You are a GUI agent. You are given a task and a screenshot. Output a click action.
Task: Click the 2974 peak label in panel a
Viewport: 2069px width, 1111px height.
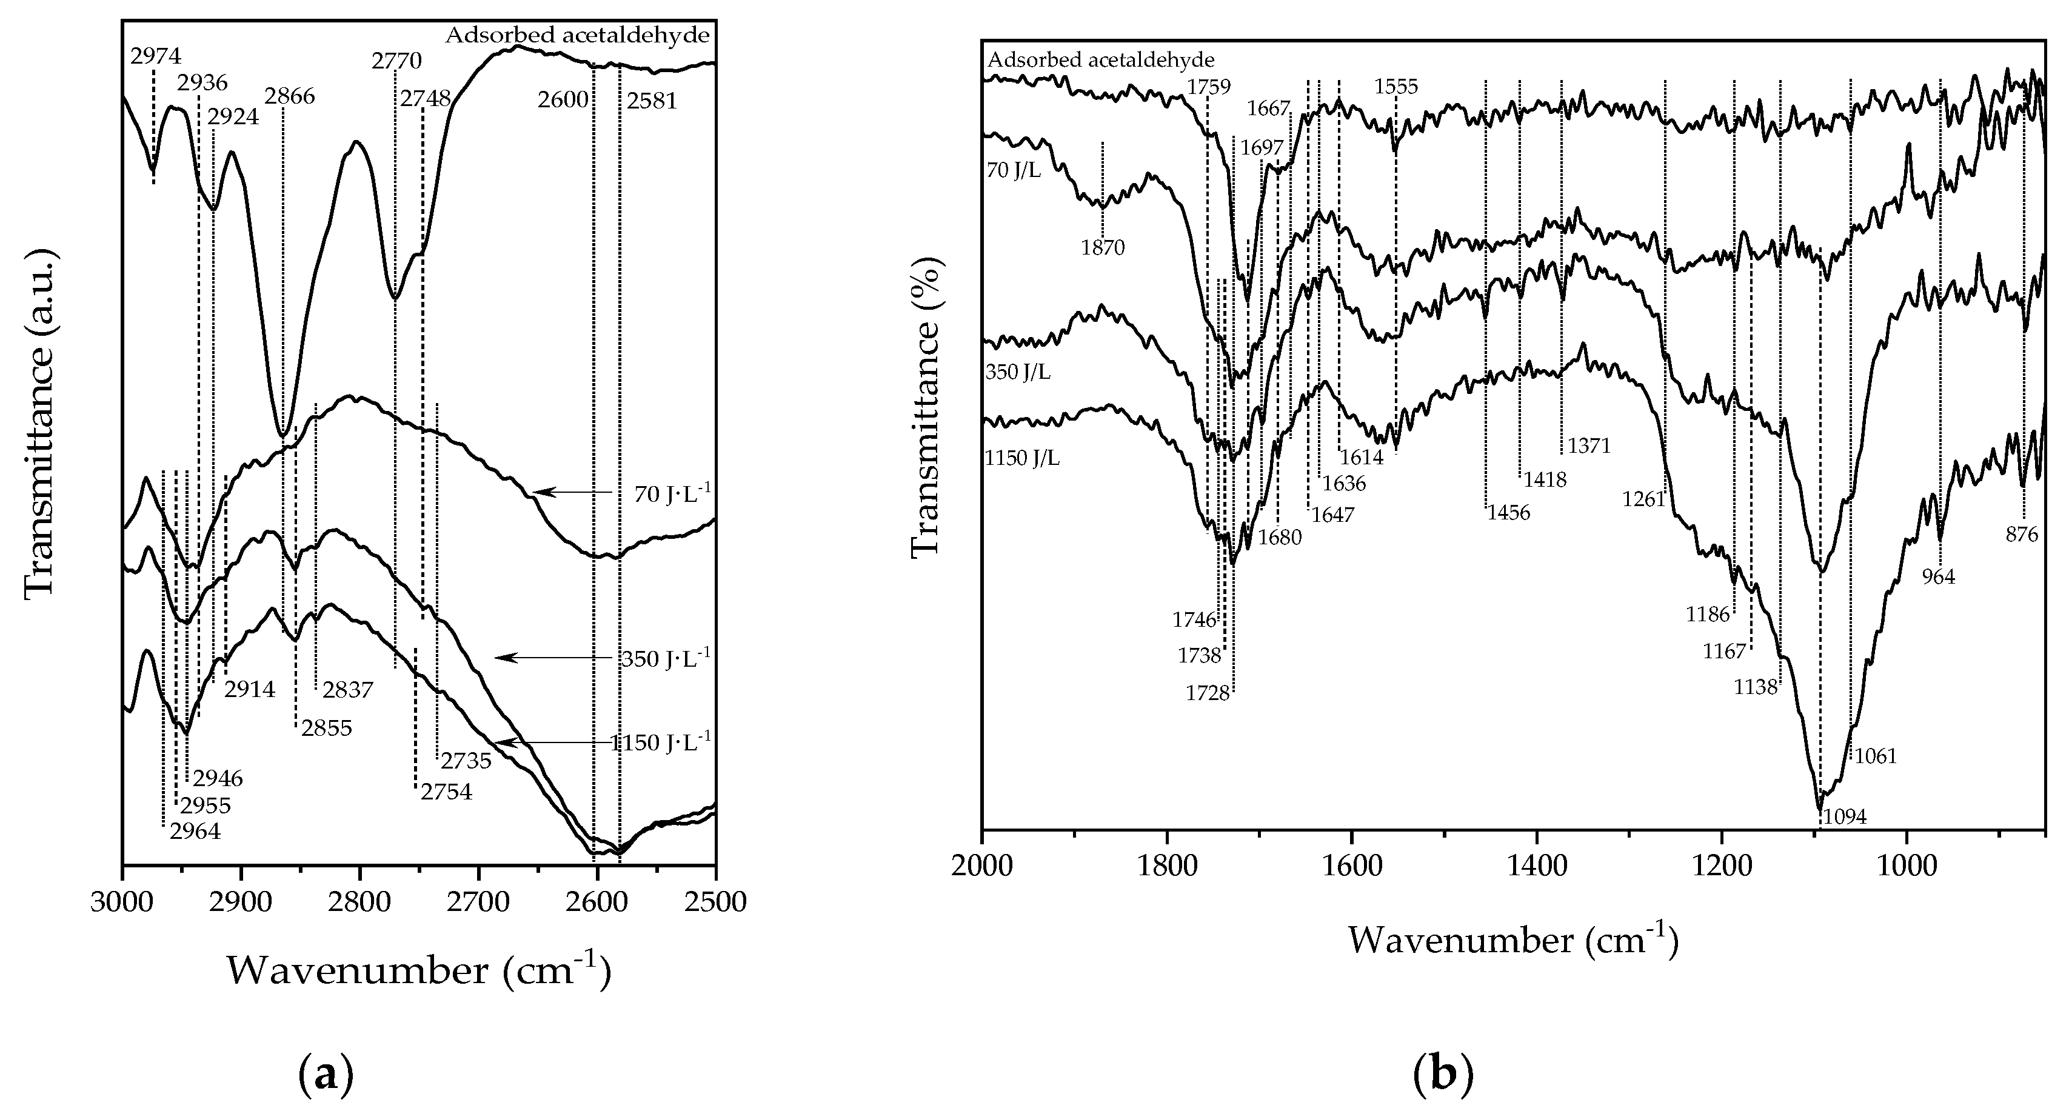(x=156, y=56)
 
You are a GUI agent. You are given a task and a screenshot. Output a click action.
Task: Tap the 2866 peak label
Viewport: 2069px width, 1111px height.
(x=290, y=96)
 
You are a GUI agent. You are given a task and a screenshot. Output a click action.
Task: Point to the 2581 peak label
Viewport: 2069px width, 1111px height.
(x=652, y=101)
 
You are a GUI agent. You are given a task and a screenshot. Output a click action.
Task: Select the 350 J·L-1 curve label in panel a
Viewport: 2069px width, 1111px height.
(x=665, y=659)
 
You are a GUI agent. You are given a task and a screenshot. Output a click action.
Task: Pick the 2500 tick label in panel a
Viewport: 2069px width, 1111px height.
(x=714, y=902)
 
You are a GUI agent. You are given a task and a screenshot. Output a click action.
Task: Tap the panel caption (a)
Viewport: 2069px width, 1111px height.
(x=326, y=1075)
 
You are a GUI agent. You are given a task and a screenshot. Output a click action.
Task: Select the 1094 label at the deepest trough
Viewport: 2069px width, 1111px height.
(x=1844, y=817)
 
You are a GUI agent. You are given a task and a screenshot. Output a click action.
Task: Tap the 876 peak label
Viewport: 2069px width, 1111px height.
(x=2022, y=534)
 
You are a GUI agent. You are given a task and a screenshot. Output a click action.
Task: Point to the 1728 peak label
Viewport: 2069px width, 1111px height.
(x=1207, y=692)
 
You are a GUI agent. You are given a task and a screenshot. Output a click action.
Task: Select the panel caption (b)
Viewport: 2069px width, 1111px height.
(x=1443, y=1075)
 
